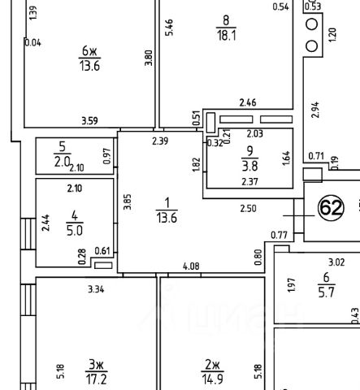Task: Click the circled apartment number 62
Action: coord(331,208)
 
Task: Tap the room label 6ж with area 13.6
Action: coord(89,58)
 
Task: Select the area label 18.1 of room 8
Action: coord(226,35)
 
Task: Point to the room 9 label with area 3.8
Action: coord(249,158)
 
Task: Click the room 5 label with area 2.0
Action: coord(63,154)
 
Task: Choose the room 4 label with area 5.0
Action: coord(75,223)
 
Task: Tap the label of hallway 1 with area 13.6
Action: coord(167,210)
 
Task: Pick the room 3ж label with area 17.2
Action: coord(96,372)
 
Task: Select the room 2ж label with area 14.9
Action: coord(213,372)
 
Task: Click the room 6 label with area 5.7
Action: coord(327,285)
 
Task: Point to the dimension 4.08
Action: coord(191,266)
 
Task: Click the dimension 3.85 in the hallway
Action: coord(128,201)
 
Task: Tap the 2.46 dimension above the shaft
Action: coord(248,102)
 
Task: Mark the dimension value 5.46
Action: coord(169,28)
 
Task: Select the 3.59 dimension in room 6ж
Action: coord(89,121)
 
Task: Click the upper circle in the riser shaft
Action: coord(312,24)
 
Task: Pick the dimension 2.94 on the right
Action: coord(315,110)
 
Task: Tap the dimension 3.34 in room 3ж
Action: coord(96,289)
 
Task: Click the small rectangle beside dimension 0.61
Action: coord(103,266)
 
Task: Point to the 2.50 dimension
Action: coord(249,209)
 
